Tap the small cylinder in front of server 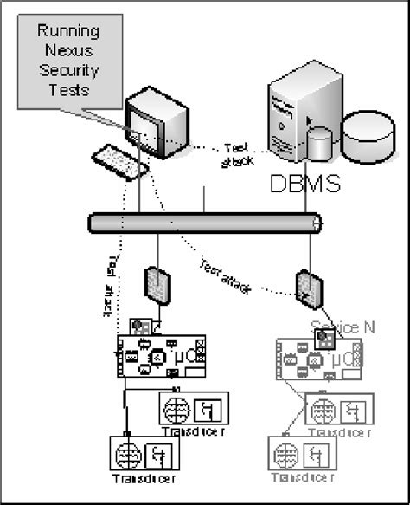pos(320,144)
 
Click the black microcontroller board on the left pos(160,355)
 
